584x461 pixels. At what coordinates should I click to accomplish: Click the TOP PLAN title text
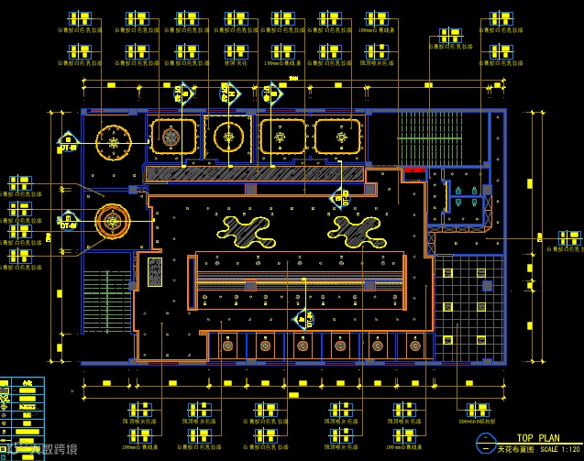[537, 438]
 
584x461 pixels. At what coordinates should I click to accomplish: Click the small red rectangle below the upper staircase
[413, 170]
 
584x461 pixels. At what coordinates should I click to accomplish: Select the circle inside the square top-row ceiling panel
[227, 137]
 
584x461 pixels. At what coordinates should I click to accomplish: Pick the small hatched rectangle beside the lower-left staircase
[155, 271]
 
